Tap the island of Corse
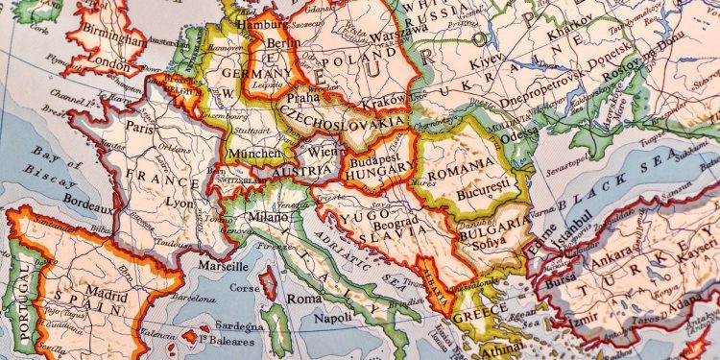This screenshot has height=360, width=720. [x=270, y=284]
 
